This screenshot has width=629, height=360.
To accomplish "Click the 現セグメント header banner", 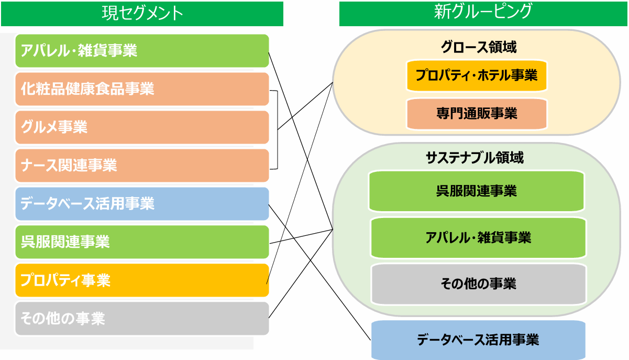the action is tap(142, 14).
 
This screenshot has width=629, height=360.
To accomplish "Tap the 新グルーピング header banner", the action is tap(483, 14).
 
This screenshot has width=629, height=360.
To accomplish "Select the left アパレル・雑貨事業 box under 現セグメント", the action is tap(142, 51).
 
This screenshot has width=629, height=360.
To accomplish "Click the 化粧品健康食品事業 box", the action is tap(142, 89).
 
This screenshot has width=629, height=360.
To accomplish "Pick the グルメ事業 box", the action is tap(142, 127).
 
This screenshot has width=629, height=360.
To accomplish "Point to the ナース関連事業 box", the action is tap(142, 166).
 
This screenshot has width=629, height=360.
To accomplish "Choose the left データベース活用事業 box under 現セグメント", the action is tap(142, 204).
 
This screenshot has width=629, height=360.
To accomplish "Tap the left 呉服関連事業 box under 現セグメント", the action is tap(142, 242).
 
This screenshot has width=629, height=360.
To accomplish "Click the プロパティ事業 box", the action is tap(142, 280).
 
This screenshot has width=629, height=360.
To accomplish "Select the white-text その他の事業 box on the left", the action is tap(142, 319).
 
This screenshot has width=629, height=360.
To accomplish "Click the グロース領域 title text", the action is tap(479, 47).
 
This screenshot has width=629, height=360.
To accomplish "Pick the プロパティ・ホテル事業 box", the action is tap(477, 75).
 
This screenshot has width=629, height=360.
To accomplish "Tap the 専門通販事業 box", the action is tap(477, 114).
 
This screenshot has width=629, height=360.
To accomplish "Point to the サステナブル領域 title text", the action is tap(475, 158).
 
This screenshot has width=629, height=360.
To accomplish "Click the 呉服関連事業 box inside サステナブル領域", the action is tap(477, 191).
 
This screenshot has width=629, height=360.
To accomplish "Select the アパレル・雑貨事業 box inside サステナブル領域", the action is tap(479, 238).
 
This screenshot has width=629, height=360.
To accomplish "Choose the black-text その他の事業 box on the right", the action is tap(479, 284).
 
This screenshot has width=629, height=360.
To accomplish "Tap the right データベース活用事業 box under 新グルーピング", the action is tap(478, 340).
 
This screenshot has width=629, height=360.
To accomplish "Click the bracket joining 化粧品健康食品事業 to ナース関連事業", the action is tap(278, 130).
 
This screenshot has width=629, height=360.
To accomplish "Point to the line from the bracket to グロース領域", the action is tap(305, 106).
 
